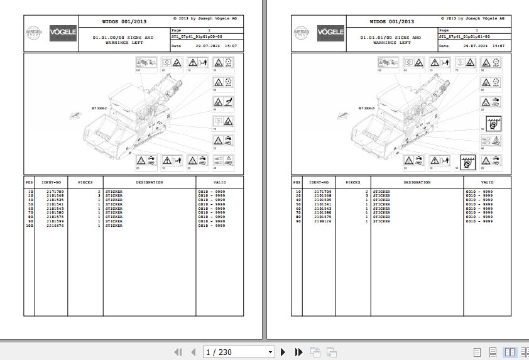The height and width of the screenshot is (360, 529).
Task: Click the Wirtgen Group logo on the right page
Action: click(x=301, y=33)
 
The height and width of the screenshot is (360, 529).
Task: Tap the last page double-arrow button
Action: click(x=299, y=352)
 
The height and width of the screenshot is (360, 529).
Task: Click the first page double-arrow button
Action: click(x=178, y=352)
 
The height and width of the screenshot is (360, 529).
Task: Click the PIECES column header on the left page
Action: click(x=85, y=182)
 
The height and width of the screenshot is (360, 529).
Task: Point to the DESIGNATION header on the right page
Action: click(x=417, y=182)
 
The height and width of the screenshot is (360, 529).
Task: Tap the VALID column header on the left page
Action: click(x=211, y=182)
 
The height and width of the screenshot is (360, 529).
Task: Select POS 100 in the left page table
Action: click(x=29, y=226)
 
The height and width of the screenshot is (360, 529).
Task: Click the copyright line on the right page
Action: click(x=474, y=18)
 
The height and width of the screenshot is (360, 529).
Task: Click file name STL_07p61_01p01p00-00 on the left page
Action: click(x=197, y=37)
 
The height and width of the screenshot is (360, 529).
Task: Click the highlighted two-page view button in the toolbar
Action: click(x=509, y=352)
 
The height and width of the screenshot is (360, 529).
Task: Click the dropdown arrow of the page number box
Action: click(x=270, y=352)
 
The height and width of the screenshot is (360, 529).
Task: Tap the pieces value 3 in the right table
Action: click(x=366, y=195)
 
